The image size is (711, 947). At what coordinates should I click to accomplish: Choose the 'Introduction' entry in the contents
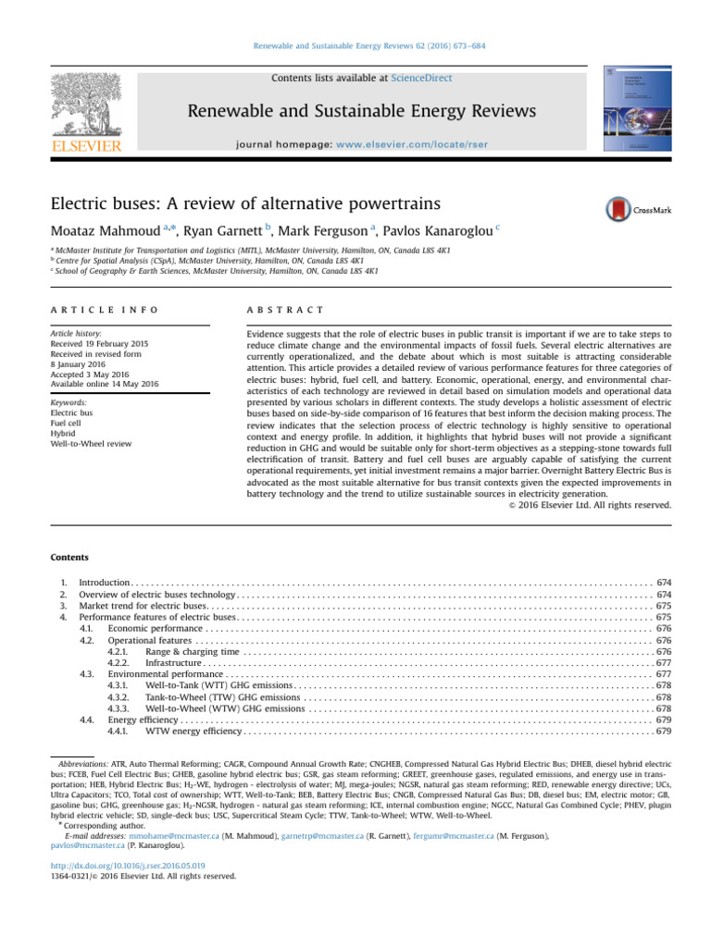tap(106, 583)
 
